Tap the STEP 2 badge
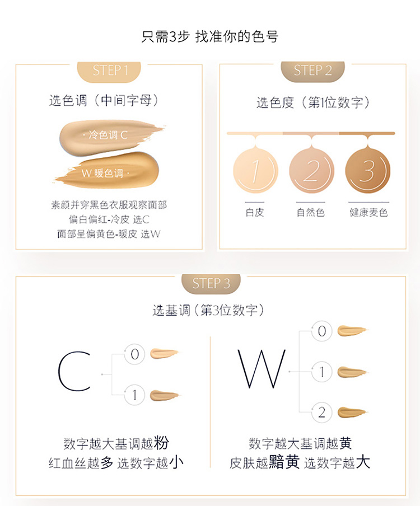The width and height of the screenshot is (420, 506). pos(312,71)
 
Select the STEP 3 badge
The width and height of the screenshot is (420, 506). pos(211,284)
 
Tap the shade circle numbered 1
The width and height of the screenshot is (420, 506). pos(255,170)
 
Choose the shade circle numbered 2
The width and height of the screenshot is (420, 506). pos(311,170)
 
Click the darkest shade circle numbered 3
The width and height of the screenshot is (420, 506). pos(368,170)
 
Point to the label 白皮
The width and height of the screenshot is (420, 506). pos(255,212)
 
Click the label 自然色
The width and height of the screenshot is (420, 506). pos(311,212)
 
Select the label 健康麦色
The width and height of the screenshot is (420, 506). pos(368,212)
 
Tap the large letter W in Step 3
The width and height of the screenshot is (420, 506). pos(262,368)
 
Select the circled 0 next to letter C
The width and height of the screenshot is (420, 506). pos(134,354)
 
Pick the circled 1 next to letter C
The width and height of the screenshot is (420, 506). pos(134,395)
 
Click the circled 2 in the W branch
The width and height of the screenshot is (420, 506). pos(321,413)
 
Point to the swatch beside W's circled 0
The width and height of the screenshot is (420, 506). pos(352,331)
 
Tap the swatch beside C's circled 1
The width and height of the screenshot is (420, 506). pos(164,395)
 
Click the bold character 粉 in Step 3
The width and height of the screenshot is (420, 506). pos(161,443)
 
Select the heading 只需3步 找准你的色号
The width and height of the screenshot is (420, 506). pos(210,37)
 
